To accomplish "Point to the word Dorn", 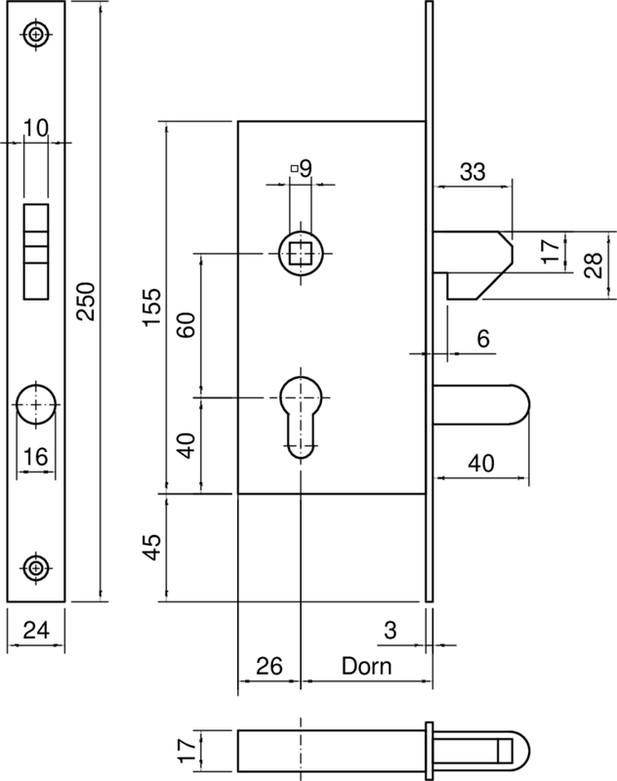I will pos(366,667).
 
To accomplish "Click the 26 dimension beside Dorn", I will pos(268,667).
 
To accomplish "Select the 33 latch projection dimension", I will pos(473,172).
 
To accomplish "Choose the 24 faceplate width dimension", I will pos(35,631).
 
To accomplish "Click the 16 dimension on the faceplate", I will pos(37,455).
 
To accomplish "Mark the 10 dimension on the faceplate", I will pos(36,127).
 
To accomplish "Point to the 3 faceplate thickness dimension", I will pos(390,631).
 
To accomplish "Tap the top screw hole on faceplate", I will pos(37,35).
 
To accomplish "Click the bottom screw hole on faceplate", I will pos(37,566).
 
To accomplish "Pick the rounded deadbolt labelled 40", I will pos(482,403).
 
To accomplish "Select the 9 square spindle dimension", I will pos(306,169).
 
